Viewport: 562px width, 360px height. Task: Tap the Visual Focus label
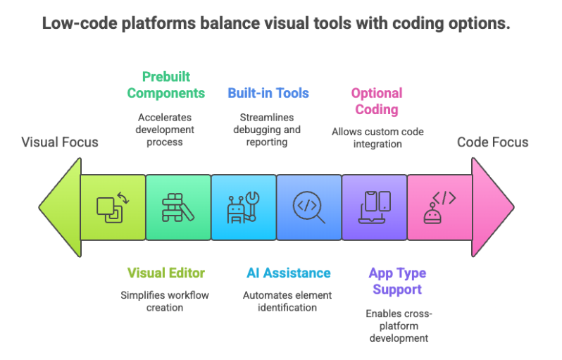(x=60, y=142)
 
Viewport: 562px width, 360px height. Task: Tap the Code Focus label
(x=492, y=142)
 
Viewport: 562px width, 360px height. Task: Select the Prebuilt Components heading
(x=166, y=85)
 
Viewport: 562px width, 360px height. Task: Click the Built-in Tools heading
(x=268, y=93)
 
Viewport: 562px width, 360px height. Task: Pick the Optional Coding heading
(x=377, y=101)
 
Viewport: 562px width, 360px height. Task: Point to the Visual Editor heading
(x=166, y=273)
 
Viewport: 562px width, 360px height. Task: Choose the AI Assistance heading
(x=288, y=273)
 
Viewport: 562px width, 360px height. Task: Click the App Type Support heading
(x=397, y=281)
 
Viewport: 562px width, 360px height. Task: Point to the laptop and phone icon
(x=375, y=207)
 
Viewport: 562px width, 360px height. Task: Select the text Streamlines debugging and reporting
(x=268, y=130)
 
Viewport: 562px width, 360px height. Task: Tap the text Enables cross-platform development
(x=397, y=325)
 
